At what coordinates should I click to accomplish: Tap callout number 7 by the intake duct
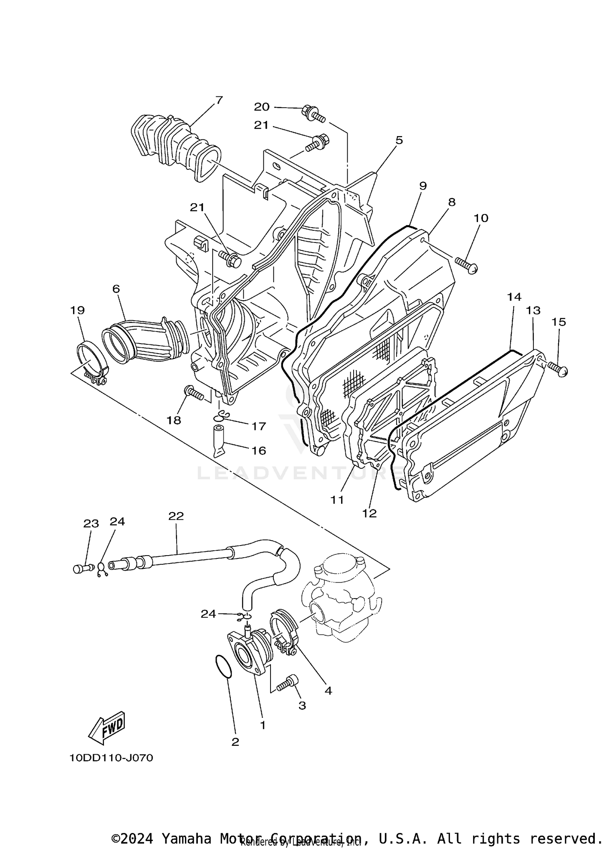pos(219,100)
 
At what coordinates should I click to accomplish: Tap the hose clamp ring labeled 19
pos(92,360)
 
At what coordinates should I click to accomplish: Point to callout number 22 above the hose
pos(176,516)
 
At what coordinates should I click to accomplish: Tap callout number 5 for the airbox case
pos(399,140)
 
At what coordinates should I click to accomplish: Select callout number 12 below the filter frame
pos(369,513)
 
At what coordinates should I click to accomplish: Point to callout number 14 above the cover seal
pos(514,297)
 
